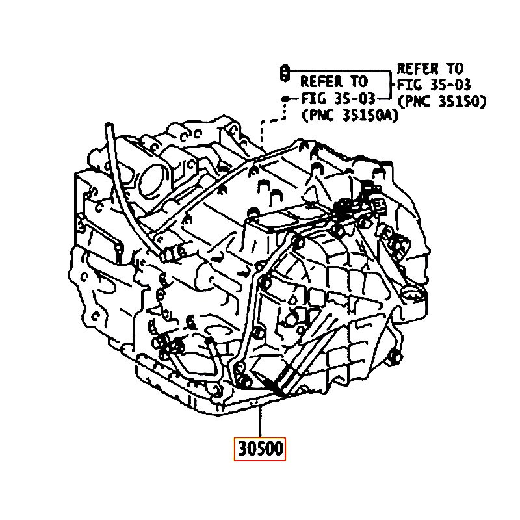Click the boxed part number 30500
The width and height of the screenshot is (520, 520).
click(x=259, y=449)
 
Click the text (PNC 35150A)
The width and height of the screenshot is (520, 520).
click(x=350, y=116)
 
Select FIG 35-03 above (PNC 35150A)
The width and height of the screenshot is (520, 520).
click(x=338, y=99)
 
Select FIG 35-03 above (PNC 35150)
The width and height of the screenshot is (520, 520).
click(x=434, y=85)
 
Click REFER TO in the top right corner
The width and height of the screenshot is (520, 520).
click(x=430, y=69)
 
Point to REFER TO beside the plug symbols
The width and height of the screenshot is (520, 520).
click(x=334, y=82)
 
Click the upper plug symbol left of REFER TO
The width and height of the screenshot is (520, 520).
click(x=284, y=72)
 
